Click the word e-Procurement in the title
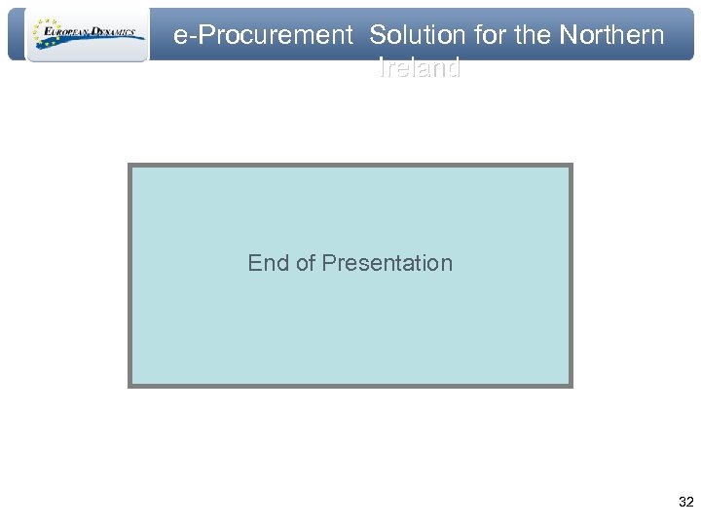tap(262, 36)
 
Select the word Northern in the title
tap(611, 36)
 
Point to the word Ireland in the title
tap(419, 69)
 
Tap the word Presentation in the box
tap(387, 263)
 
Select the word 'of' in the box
tap(306, 263)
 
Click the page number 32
tap(685, 503)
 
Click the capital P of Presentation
tap(328, 263)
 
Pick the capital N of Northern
tap(567, 36)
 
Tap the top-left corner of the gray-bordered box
tap(129, 165)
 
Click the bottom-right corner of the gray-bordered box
tap(572, 386)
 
